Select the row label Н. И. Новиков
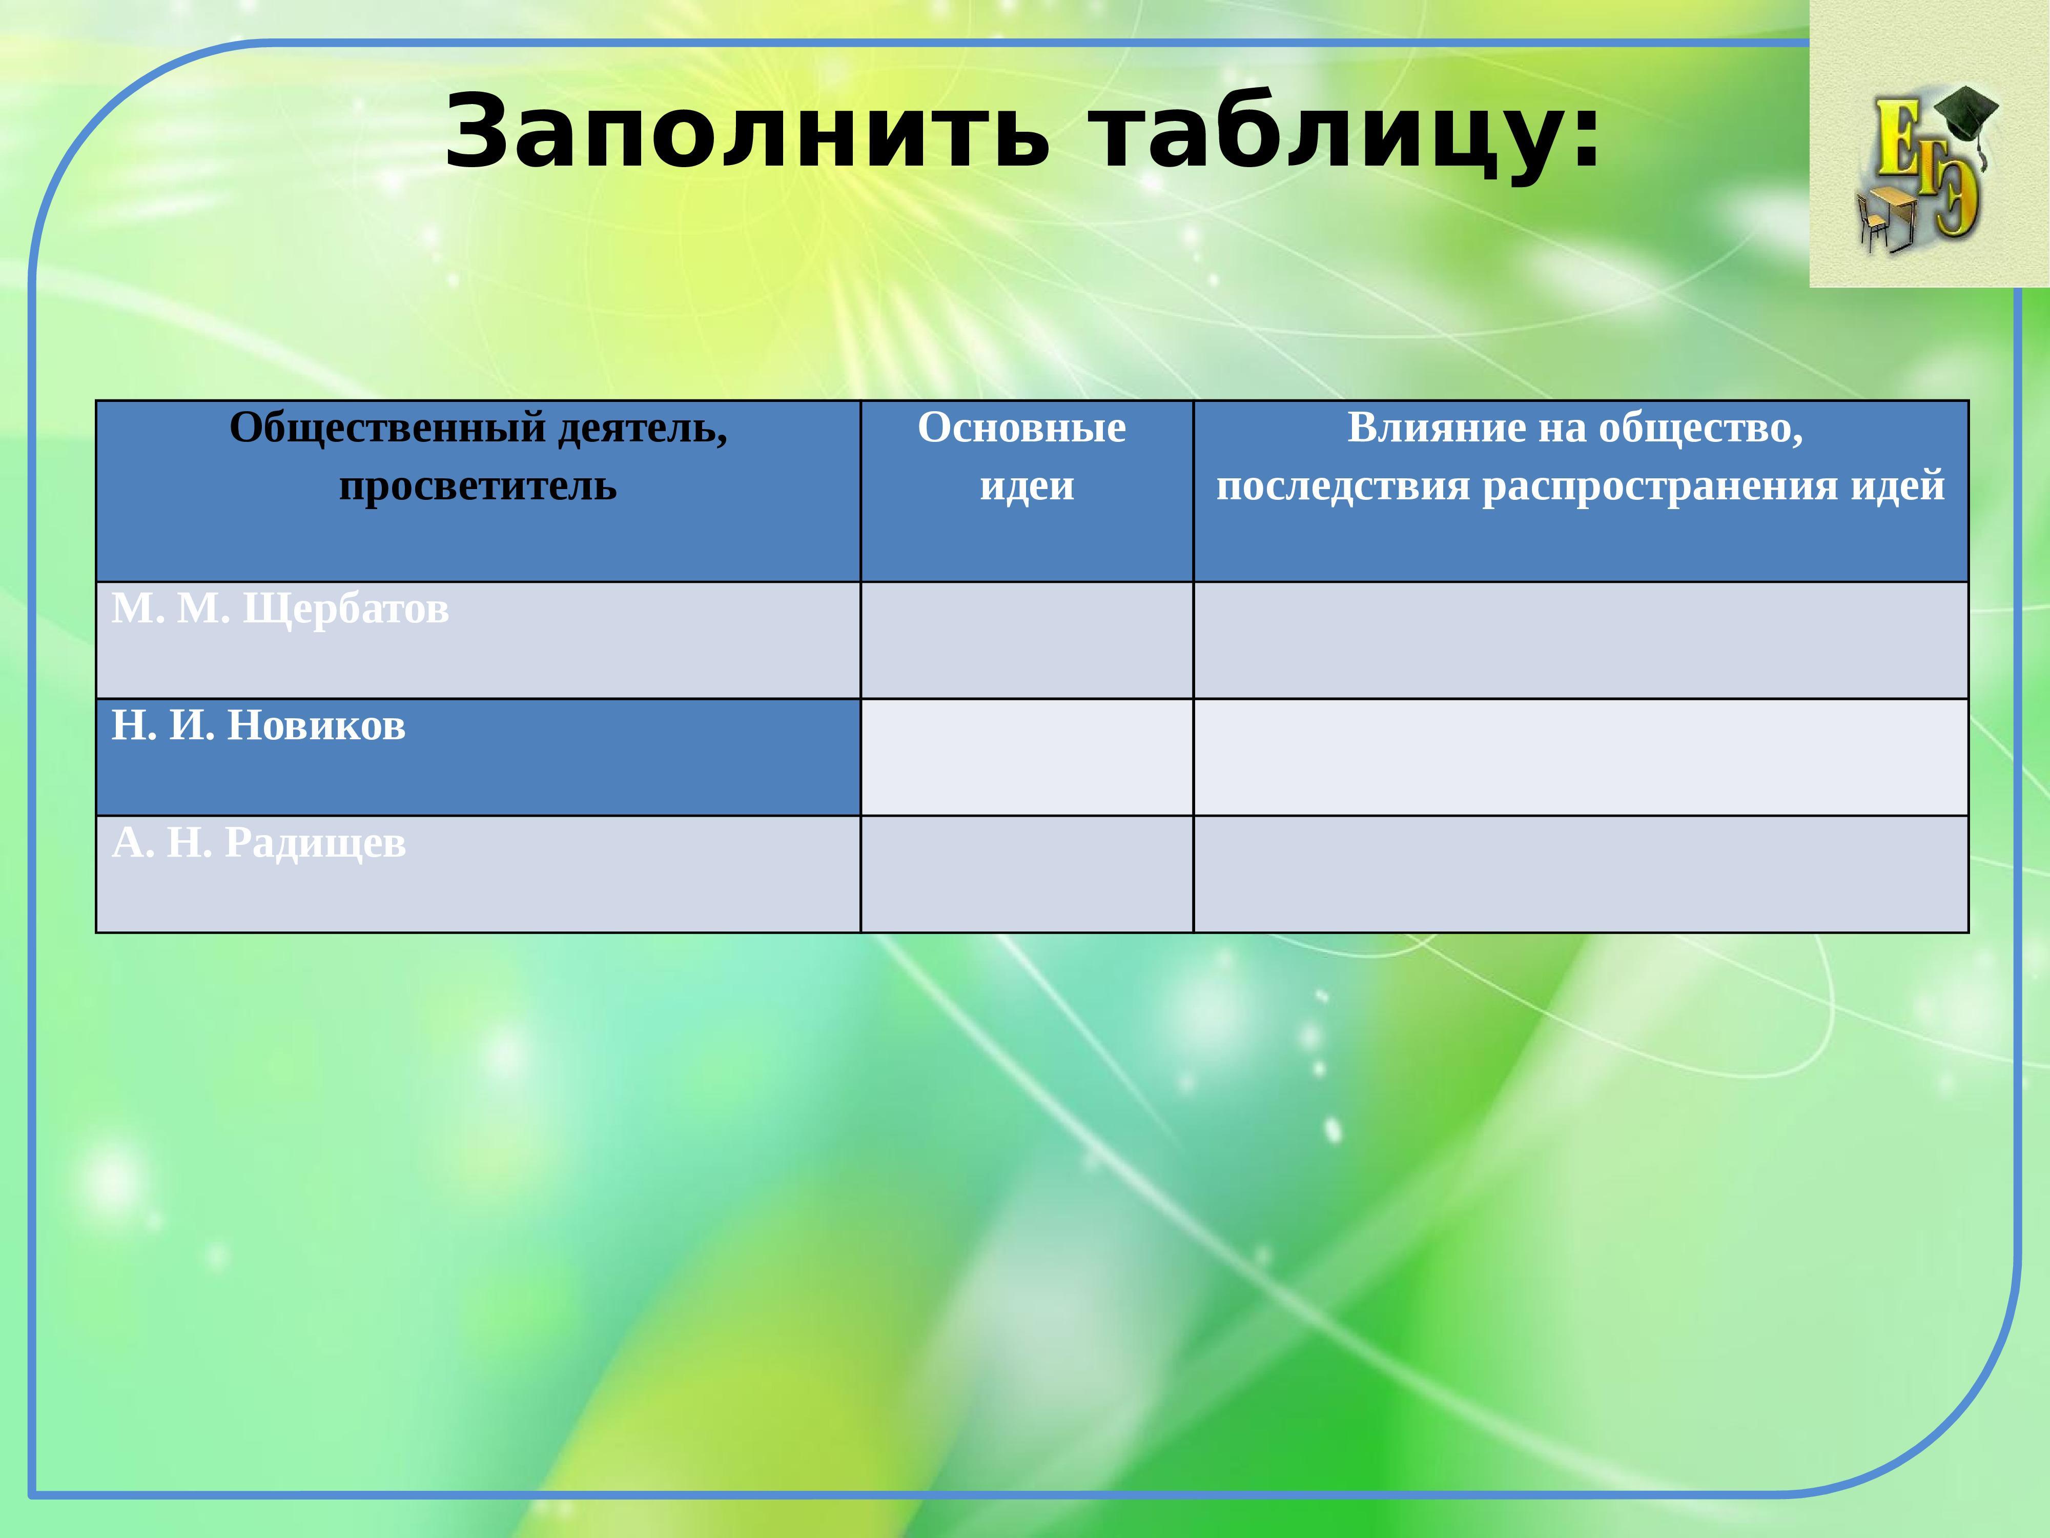(x=259, y=726)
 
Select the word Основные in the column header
(x=1022, y=428)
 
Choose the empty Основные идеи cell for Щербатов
(x=1027, y=641)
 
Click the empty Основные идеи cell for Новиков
(x=1027, y=757)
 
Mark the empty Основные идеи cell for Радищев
(x=1027, y=874)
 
